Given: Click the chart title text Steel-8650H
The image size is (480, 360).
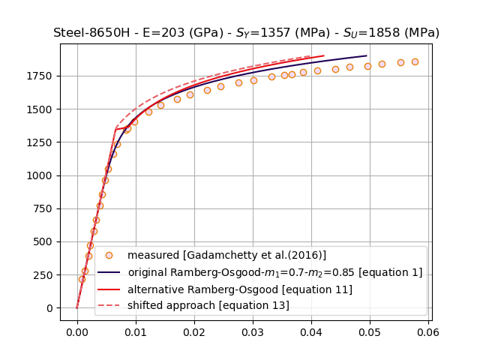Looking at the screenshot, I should pyautogui.click(x=246, y=33).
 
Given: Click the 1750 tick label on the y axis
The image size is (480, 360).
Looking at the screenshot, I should pyautogui.click(x=42, y=76).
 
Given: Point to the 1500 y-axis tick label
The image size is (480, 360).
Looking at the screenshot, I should pyautogui.click(x=42, y=109).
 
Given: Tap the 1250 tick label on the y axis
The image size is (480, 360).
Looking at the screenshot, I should pyautogui.click(x=42, y=142).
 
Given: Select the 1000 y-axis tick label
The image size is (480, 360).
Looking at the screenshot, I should pyautogui.click(x=42, y=175).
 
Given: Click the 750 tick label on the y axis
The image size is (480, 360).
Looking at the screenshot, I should pyautogui.click(x=45, y=208).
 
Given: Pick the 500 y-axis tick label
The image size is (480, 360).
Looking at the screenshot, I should pyautogui.click(x=45, y=241).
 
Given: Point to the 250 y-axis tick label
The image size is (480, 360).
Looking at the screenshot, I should pyautogui.click(x=45, y=274).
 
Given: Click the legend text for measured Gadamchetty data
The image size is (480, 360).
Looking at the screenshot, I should pyautogui.click(x=226, y=256).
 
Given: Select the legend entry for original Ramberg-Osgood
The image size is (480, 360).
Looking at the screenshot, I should pyautogui.click(x=274, y=272).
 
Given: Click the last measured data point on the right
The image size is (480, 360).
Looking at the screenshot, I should pyautogui.click(x=415, y=61).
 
